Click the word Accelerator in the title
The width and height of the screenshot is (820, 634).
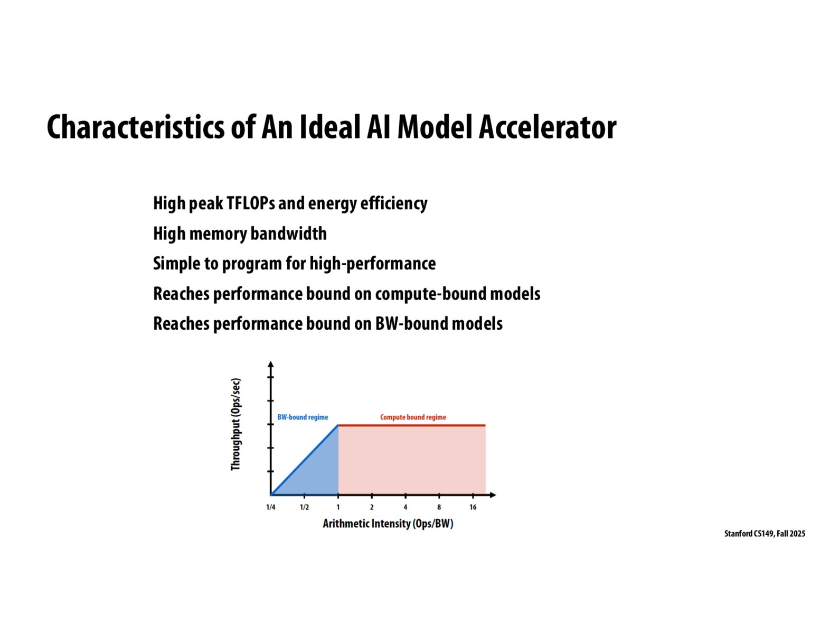[x=547, y=127]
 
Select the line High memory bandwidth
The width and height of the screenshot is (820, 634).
[x=240, y=234]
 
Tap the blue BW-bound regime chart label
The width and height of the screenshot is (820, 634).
[x=303, y=417]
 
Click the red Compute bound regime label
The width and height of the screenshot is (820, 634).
[x=413, y=417]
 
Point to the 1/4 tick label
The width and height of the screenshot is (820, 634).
[x=270, y=507]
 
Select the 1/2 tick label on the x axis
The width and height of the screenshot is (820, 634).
[x=304, y=507]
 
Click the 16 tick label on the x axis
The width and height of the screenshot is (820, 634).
[x=473, y=507]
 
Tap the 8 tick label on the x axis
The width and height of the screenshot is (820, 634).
[x=439, y=507]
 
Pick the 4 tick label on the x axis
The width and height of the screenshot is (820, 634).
[x=405, y=507]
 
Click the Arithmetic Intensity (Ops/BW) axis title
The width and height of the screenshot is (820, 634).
[x=388, y=524]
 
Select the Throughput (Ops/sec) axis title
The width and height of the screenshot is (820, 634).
[x=235, y=424]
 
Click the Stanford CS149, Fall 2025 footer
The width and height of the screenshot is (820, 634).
[x=764, y=534]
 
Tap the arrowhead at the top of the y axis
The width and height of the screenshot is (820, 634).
[x=271, y=364]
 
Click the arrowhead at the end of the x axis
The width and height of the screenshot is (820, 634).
[x=493, y=495]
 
